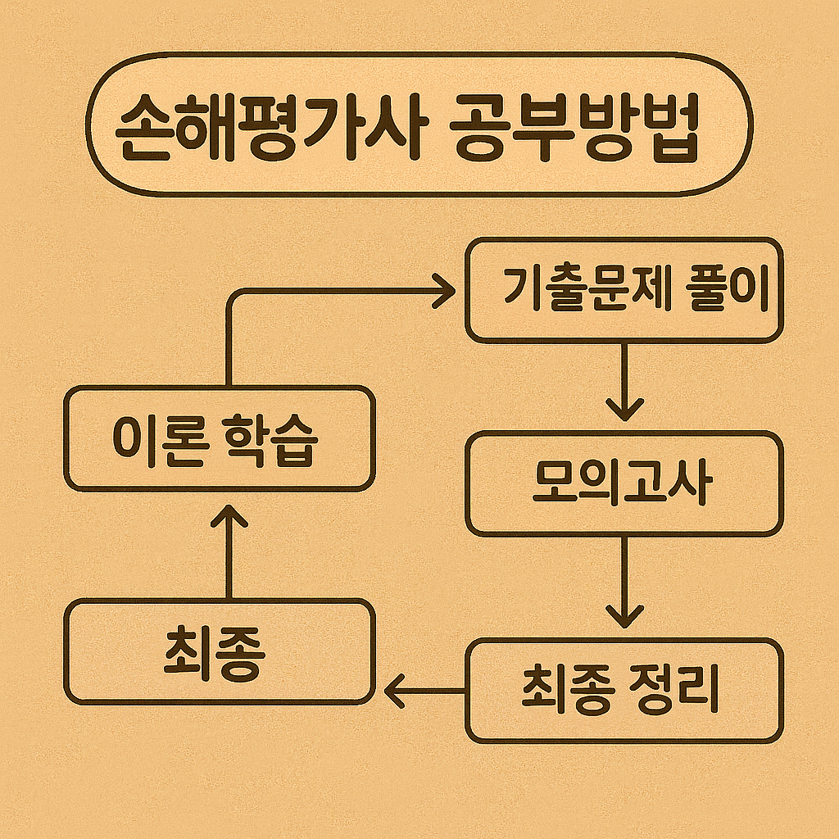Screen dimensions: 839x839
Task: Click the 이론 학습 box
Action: (x=219, y=439)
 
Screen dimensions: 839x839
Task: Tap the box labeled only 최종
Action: (x=219, y=651)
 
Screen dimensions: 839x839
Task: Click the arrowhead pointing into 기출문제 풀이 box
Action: (x=444, y=291)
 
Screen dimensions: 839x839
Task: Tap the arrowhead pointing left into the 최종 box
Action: (x=396, y=690)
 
